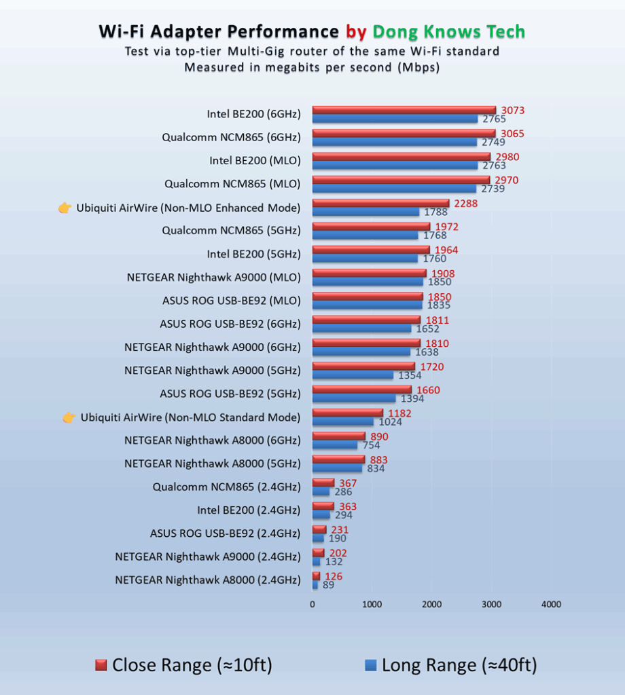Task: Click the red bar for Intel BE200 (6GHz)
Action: [x=404, y=110]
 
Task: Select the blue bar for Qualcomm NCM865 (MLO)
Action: [x=394, y=189]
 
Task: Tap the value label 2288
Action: [x=467, y=203]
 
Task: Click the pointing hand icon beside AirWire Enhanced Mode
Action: [x=65, y=208]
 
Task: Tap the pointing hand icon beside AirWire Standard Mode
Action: [x=69, y=417]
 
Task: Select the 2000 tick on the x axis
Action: [x=431, y=604]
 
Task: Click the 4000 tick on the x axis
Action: [x=551, y=604]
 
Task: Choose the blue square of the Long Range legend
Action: [x=370, y=665]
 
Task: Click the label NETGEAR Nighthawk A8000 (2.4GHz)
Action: [x=208, y=580]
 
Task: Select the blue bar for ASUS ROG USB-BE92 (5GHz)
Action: [x=354, y=398]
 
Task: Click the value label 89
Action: [x=328, y=585]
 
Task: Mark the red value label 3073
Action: [x=513, y=111]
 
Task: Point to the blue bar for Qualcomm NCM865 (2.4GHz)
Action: [x=321, y=491]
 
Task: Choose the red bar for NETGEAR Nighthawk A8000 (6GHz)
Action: [x=339, y=436]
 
